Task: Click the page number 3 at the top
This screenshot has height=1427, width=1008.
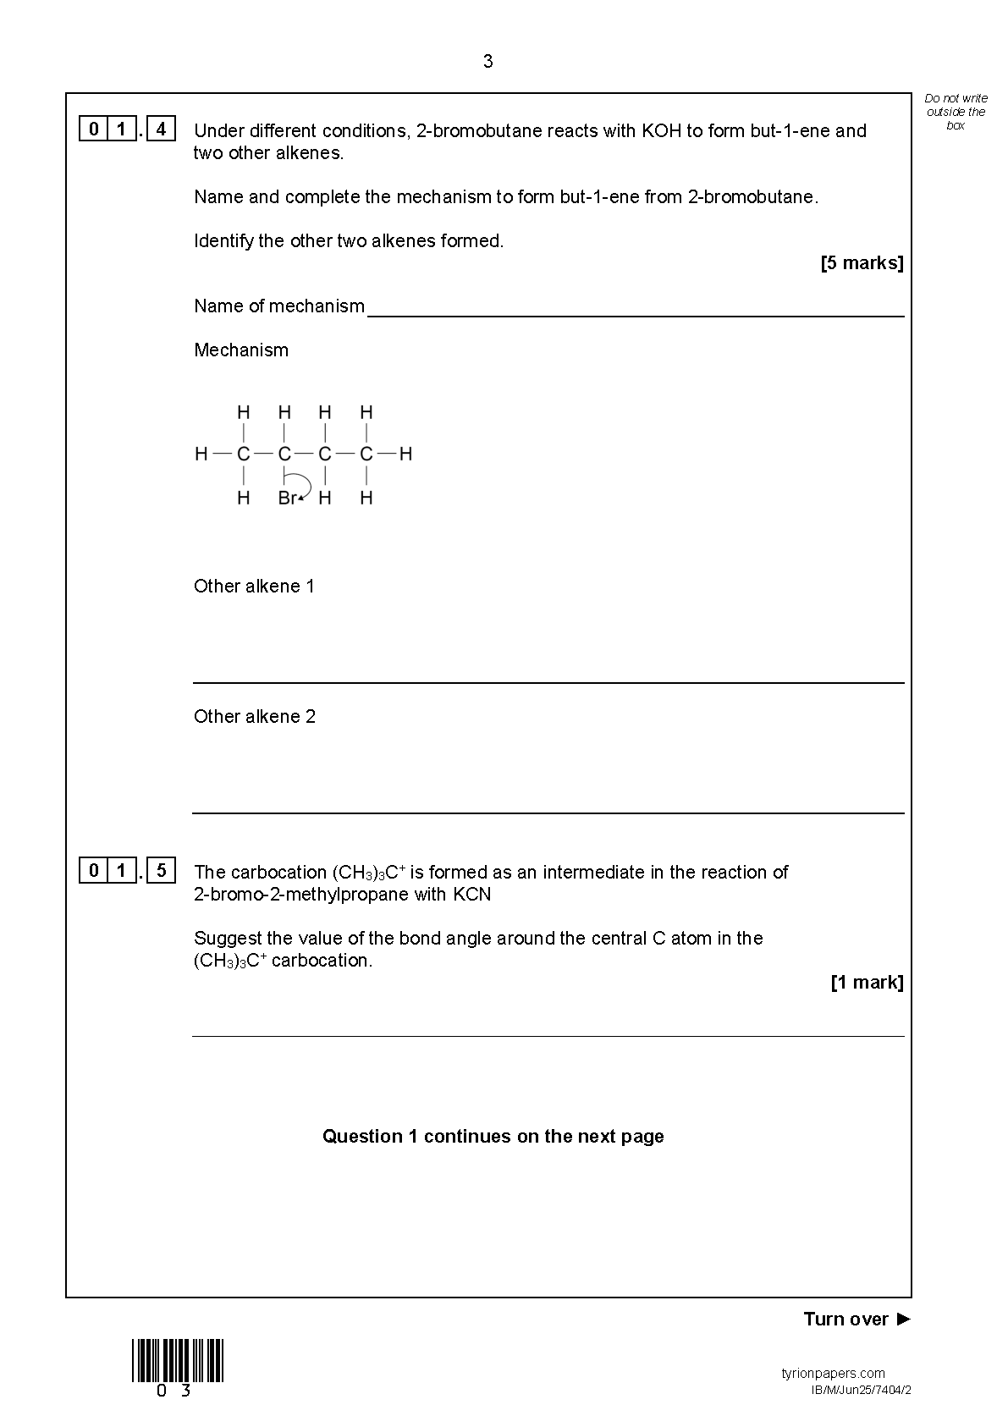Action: click(x=487, y=61)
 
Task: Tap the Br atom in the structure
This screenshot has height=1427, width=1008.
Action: click(x=287, y=498)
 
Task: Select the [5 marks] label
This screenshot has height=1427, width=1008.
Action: click(x=862, y=263)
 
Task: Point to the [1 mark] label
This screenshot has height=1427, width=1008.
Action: click(x=867, y=983)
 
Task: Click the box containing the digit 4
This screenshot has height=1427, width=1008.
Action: click(x=161, y=129)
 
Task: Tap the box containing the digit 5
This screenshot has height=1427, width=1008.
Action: click(x=161, y=870)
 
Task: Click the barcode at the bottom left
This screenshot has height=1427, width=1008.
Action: click(x=178, y=1361)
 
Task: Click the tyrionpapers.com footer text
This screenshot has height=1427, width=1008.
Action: click(x=833, y=1373)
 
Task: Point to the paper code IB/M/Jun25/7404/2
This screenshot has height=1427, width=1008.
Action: click(x=861, y=1390)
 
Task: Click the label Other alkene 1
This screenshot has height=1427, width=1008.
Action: click(x=254, y=586)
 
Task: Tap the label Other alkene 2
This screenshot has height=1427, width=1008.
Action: click(x=254, y=716)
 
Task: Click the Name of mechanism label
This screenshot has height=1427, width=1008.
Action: click(x=278, y=306)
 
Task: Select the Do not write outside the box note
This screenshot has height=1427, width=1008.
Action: click(x=956, y=112)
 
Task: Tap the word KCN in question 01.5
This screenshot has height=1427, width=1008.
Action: click(x=471, y=894)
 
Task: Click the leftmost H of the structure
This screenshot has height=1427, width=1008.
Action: click(x=201, y=454)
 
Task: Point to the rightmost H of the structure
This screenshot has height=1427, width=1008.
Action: click(x=405, y=454)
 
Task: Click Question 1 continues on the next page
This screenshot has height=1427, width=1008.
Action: click(x=493, y=1136)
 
